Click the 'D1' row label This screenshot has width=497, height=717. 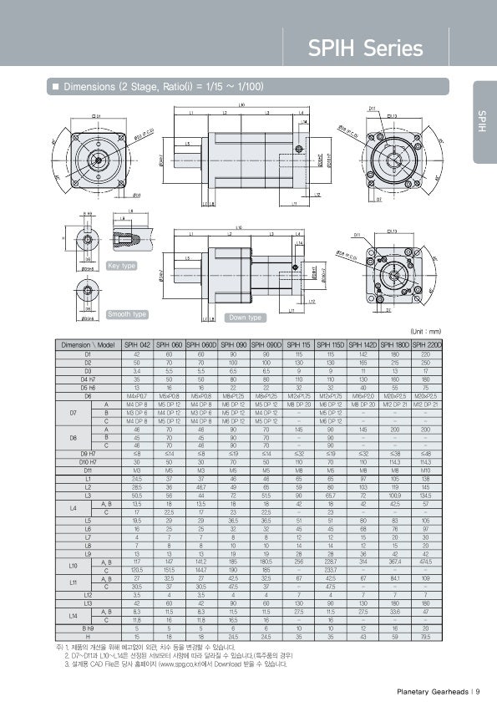coord(88,353)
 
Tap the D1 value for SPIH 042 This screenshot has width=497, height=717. coord(137,353)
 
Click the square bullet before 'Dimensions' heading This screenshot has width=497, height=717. coord(56,87)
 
